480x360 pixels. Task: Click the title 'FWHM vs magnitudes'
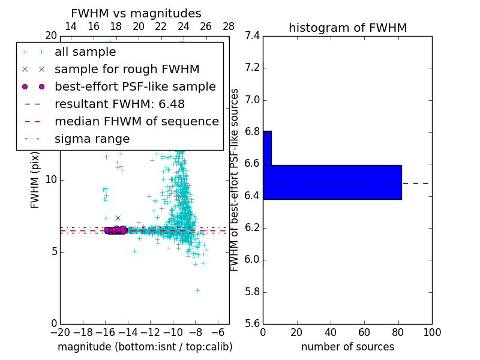(136, 14)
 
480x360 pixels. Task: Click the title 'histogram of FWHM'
(347, 28)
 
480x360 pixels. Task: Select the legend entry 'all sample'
(85, 52)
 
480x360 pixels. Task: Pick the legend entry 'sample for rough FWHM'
(127, 70)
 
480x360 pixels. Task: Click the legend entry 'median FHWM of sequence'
(136, 121)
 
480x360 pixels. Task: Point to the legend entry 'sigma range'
(92, 139)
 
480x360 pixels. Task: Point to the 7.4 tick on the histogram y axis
(252, 35)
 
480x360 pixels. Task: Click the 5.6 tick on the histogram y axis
(252, 324)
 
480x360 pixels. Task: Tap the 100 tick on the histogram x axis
(431, 332)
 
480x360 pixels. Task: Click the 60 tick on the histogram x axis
(364, 332)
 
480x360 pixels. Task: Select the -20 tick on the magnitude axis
(60, 332)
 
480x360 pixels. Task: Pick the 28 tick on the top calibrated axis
(229, 27)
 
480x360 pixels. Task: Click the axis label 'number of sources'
(347, 347)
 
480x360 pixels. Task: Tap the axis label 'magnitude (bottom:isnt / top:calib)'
(145, 347)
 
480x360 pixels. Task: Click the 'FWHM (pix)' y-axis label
(35, 180)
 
